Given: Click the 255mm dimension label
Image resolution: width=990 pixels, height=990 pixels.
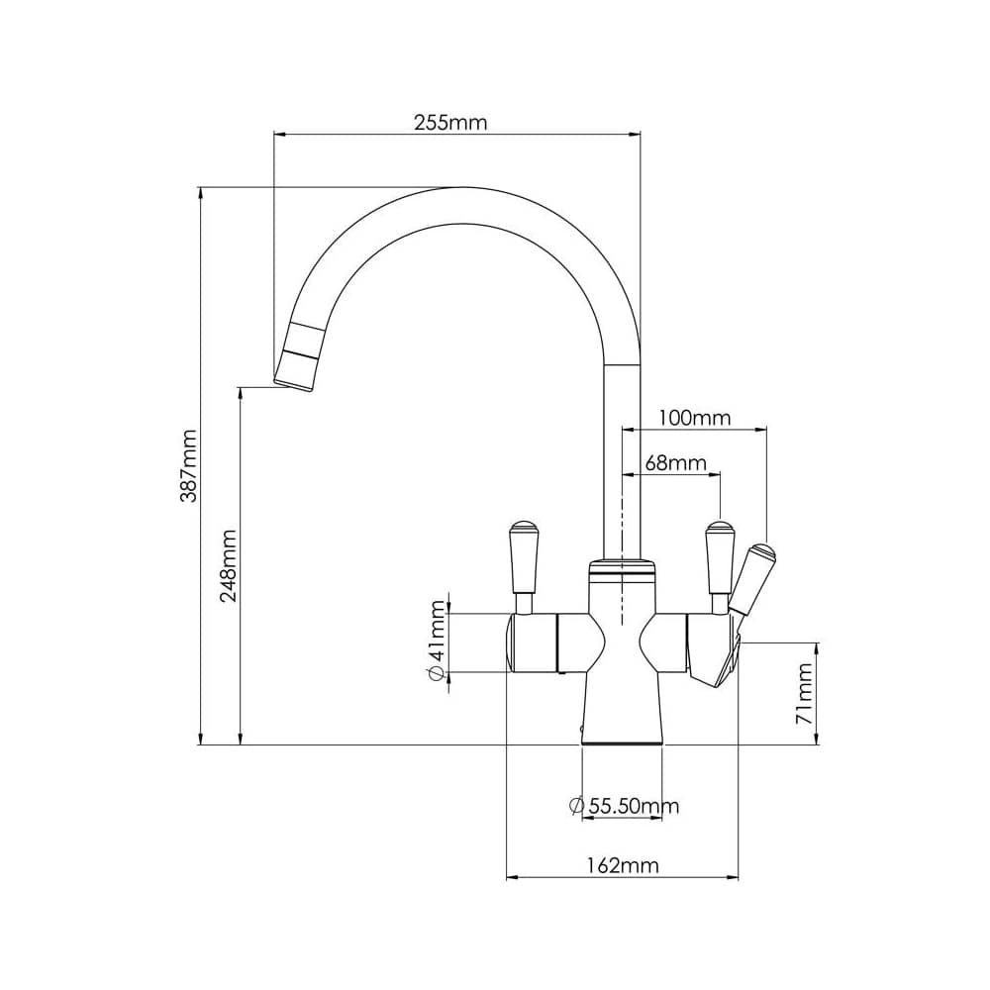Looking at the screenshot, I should (x=450, y=123).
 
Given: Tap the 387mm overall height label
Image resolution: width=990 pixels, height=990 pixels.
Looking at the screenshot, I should (x=188, y=465).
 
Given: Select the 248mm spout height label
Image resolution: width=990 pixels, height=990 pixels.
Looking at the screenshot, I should (x=229, y=566).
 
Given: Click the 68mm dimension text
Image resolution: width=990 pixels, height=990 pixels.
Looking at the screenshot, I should (x=675, y=462).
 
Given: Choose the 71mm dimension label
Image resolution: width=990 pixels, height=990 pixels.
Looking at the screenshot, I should (x=806, y=693).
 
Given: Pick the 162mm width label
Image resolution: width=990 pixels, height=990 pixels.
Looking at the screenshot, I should (x=622, y=865).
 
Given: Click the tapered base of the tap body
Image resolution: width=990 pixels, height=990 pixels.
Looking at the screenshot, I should (x=622, y=708).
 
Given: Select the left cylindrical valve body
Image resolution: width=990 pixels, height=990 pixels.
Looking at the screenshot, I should (x=535, y=643).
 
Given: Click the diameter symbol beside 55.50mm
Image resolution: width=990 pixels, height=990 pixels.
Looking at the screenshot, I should (x=577, y=806).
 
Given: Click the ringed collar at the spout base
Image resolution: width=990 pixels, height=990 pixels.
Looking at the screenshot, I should (x=622, y=569).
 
